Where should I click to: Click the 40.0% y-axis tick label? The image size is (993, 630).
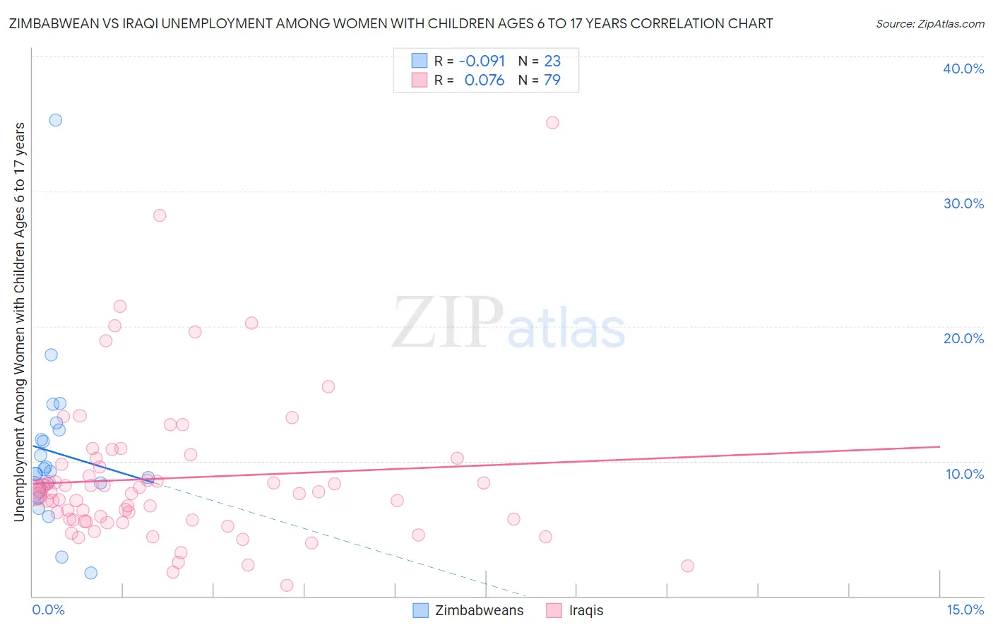[x=963, y=69]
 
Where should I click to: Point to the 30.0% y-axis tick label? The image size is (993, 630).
[x=963, y=203]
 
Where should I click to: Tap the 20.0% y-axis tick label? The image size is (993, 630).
[x=963, y=338]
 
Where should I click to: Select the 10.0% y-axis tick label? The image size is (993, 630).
[x=965, y=474]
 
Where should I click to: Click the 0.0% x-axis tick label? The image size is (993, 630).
[x=48, y=610]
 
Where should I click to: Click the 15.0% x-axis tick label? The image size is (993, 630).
[x=965, y=610]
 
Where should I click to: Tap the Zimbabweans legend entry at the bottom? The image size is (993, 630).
[x=469, y=610]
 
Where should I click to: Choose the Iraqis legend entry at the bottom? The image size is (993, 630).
[x=576, y=610]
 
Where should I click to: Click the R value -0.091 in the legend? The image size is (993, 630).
[x=482, y=61]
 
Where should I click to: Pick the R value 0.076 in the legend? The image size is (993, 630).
[x=484, y=81]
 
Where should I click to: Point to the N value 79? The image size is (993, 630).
[x=552, y=81]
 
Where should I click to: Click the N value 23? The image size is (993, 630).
[x=552, y=61]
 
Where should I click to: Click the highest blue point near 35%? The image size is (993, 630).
[x=55, y=120]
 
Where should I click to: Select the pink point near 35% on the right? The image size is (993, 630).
[x=552, y=123]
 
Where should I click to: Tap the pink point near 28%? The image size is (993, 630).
[x=160, y=215]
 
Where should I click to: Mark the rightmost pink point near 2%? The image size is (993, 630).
[x=687, y=566]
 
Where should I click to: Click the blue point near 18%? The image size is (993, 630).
[x=51, y=355]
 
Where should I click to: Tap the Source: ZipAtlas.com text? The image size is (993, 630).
[x=929, y=23]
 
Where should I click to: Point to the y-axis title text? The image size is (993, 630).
[x=19, y=322]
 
